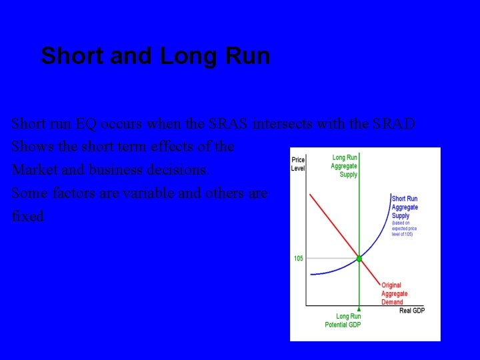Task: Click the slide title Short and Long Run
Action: point(155,56)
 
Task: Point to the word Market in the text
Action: point(33,170)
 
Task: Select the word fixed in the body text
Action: point(28,217)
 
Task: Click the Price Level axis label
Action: point(298,164)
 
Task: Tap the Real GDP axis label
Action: point(412,311)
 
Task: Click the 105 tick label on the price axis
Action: point(299,258)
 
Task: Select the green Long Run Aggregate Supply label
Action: point(344,166)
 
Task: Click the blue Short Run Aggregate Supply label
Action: point(405,207)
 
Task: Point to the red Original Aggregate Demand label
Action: point(394,293)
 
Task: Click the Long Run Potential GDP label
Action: point(343,321)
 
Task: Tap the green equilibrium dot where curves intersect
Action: point(359,258)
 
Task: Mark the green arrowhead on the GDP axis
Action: point(359,309)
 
